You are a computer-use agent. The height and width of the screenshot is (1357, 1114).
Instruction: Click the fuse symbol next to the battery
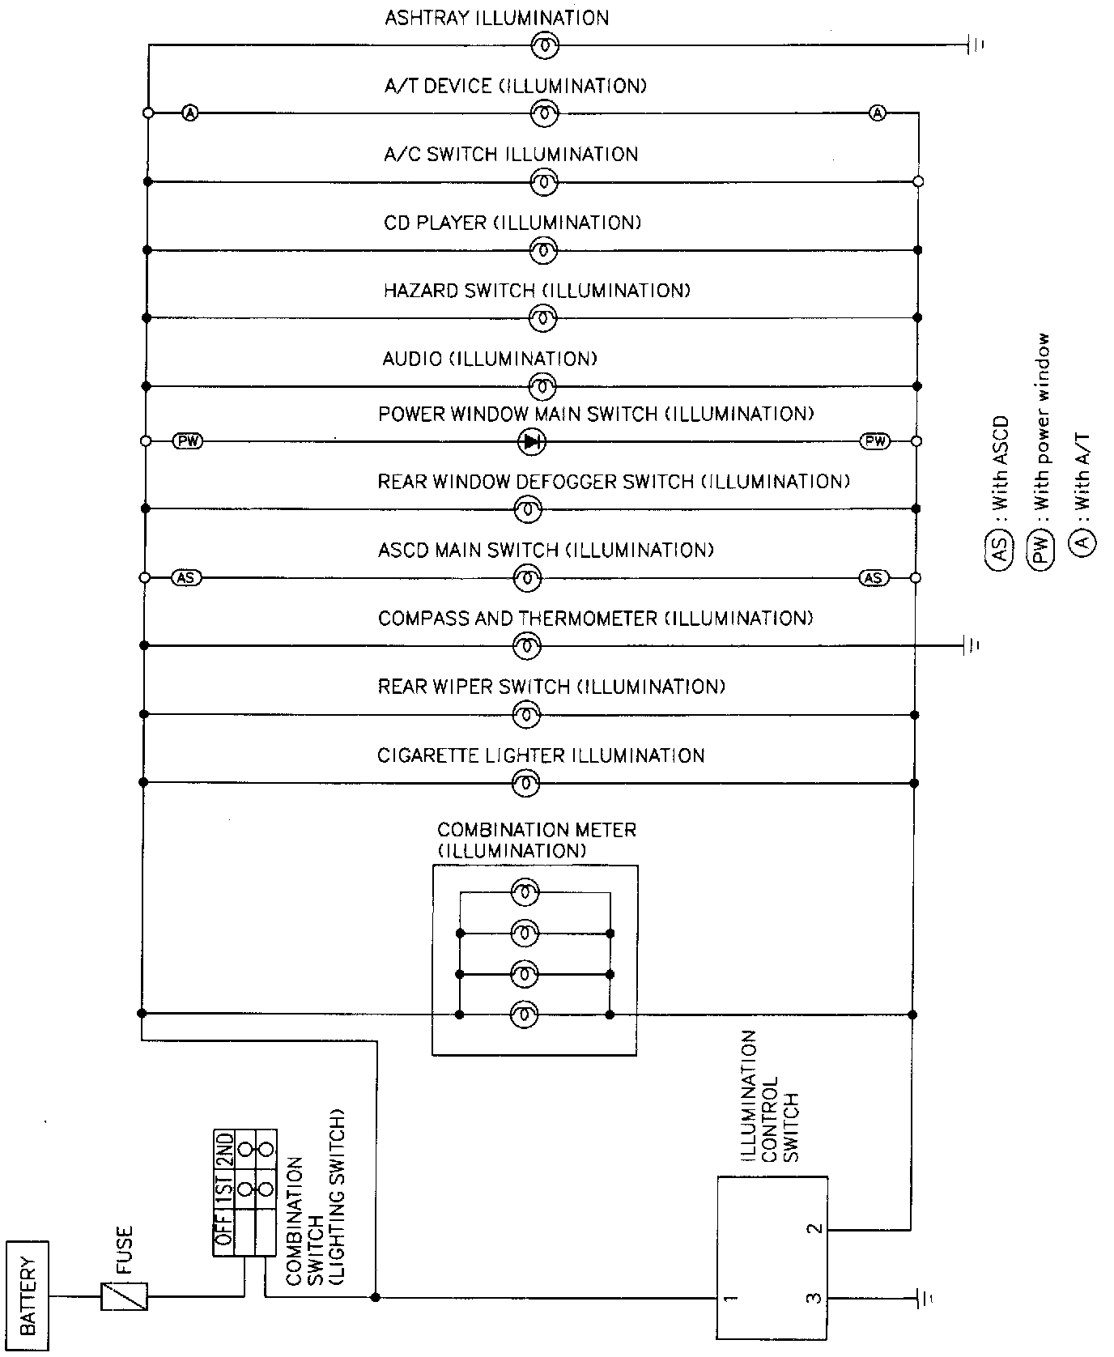click(x=124, y=1296)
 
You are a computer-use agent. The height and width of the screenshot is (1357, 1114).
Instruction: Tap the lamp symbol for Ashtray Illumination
click(x=544, y=47)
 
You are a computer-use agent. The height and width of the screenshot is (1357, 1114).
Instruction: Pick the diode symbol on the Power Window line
click(x=531, y=441)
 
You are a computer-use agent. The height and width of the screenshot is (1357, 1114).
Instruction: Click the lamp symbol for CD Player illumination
click(x=544, y=251)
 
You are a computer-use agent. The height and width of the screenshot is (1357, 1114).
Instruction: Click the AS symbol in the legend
click(x=1001, y=548)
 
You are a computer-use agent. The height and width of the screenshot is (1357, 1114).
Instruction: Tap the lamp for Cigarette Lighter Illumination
click(x=526, y=783)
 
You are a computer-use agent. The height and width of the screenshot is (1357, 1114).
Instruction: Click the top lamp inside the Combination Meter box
click(x=525, y=893)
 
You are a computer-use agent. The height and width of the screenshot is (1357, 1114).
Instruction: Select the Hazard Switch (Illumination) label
click(x=536, y=291)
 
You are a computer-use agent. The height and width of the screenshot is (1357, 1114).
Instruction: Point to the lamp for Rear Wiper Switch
click(x=526, y=715)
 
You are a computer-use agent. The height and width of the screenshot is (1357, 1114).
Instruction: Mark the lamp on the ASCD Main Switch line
click(x=526, y=578)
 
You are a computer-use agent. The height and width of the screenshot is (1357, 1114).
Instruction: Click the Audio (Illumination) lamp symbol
click(x=542, y=385)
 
